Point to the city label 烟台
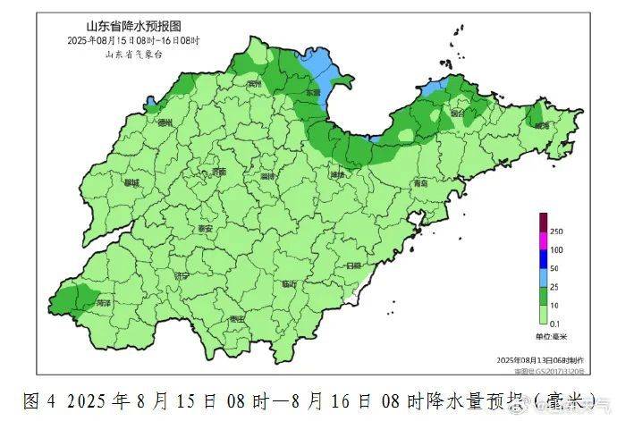pyautogui.click(x=457, y=114)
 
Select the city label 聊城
pyautogui.click(x=132, y=182)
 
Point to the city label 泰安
pyautogui.click(x=206, y=229)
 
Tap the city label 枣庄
pyautogui.click(x=236, y=319)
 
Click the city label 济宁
pyautogui.click(x=182, y=276)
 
